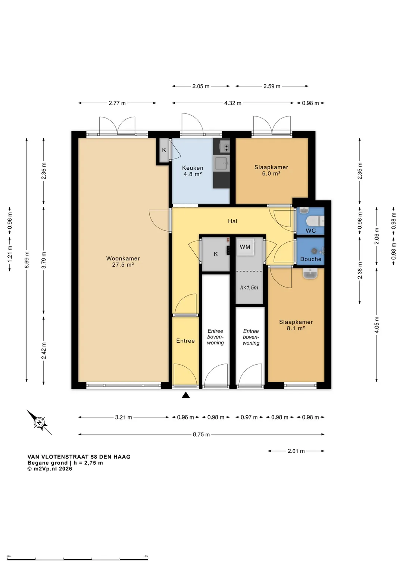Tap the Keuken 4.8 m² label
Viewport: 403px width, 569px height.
(193, 171)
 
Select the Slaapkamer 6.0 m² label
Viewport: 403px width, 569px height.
(271, 170)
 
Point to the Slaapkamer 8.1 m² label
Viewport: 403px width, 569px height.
(296, 325)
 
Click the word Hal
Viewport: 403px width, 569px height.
(232, 221)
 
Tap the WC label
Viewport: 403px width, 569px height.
(310, 231)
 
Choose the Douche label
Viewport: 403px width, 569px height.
(311, 259)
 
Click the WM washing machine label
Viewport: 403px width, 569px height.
(245, 247)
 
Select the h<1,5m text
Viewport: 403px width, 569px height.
(249, 287)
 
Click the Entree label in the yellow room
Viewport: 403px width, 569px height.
(185, 341)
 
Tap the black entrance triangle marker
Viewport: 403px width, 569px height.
(186, 395)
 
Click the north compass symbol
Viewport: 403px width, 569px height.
(39, 422)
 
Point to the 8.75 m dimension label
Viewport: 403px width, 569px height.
(201, 435)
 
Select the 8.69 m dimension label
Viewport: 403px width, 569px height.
(27, 260)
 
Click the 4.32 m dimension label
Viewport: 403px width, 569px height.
(232, 103)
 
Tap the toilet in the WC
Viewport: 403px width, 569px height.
(315, 221)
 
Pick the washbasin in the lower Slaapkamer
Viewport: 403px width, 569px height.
(310, 274)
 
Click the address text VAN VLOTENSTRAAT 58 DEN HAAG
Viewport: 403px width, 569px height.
(79, 457)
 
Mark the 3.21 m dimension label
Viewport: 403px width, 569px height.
(123, 417)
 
